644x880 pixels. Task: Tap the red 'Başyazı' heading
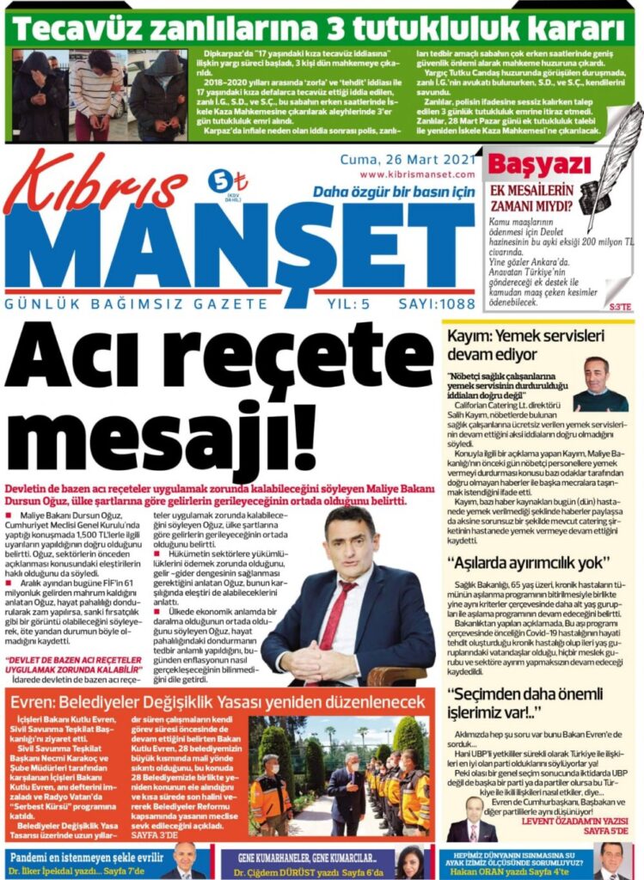pos(524,165)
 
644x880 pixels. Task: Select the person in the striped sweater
pos(95,92)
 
